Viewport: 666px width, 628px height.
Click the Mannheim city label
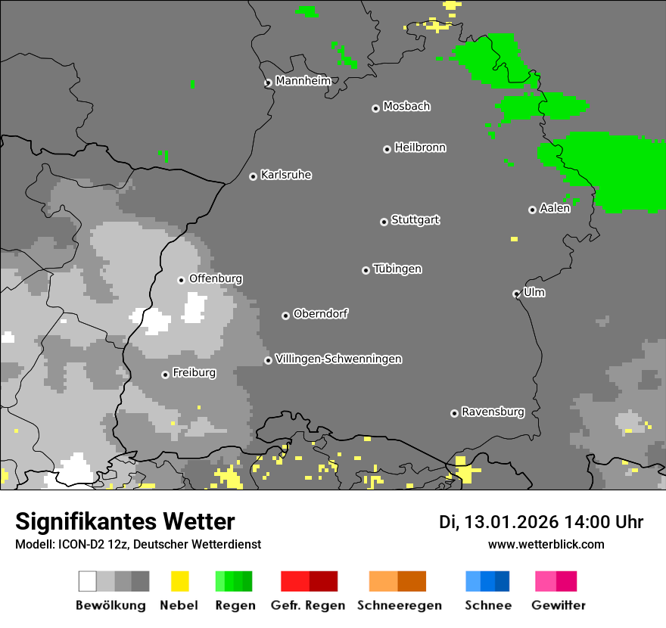pyautogui.click(x=303, y=81)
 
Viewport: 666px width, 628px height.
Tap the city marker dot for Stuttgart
pyautogui.click(x=384, y=222)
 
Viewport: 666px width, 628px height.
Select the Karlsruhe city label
pyautogui.click(x=285, y=175)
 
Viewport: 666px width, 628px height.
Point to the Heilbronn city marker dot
pyautogui.click(x=387, y=149)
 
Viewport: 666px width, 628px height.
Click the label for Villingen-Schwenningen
pyautogui.click(x=338, y=359)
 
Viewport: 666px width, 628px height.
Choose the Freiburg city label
pyautogui.click(x=194, y=373)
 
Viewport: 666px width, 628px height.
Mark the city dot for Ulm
pyautogui.click(x=516, y=294)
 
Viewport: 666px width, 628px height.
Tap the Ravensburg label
pyautogui.click(x=493, y=412)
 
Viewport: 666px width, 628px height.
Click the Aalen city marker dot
pyautogui.click(x=532, y=210)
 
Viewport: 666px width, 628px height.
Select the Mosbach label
pyautogui.click(x=406, y=107)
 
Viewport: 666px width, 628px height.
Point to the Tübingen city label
pyautogui.click(x=397, y=269)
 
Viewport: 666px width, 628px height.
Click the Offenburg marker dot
pyautogui.click(x=181, y=280)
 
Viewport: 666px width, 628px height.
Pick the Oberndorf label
pyautogui.click(x=320, y=314)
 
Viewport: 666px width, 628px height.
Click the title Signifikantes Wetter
pyautogui.click(x=125, y=521)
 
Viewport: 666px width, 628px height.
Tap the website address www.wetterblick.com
pyautogui.click(x=546, y=544)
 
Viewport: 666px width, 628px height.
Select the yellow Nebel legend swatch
pyautogui.click(x=179, y=581)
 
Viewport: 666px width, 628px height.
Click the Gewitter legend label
pyautogui.click(x=558, y=605)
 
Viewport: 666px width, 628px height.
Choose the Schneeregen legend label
pyautogui.click(x=399, y=605)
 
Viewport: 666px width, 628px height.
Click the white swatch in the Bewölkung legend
pyautogui.click(x=87, y=581)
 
